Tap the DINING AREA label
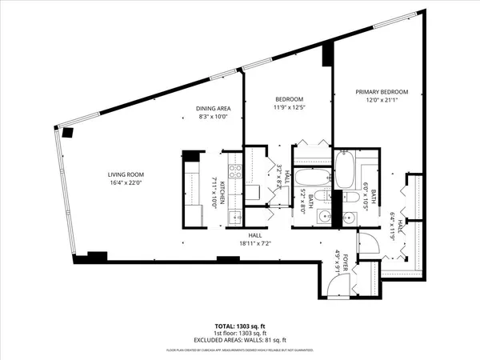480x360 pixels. tap(213, 107)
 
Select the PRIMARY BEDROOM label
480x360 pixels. tap(382, 92)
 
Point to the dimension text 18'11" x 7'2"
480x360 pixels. tap(255, 243)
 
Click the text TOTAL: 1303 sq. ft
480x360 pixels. tap(240, 326)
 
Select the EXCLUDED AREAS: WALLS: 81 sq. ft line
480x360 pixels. tap(240, 341)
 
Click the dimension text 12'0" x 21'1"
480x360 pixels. tap(382, 100)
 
